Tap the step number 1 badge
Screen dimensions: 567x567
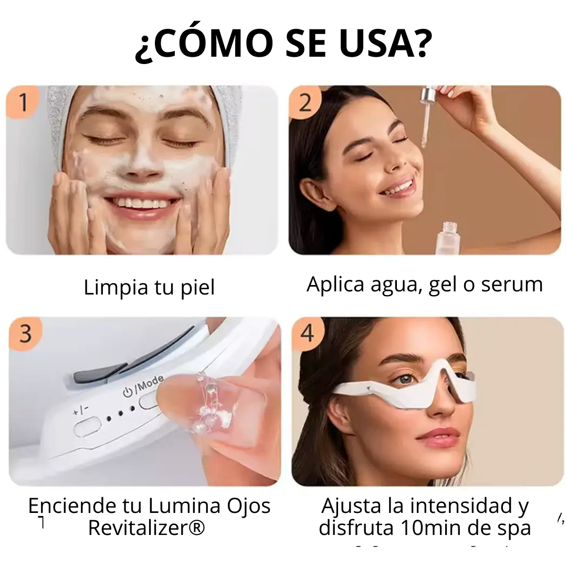(23, 102)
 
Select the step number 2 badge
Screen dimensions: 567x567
(305, 102)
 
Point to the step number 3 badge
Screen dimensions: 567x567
(25, 333)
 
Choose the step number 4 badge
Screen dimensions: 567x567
(307, 333)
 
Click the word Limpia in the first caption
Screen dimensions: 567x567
(116, 288)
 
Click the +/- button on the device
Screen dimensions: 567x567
(87, 427)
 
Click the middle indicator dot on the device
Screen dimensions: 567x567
(120, 413)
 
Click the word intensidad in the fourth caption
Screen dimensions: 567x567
(456, 506)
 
